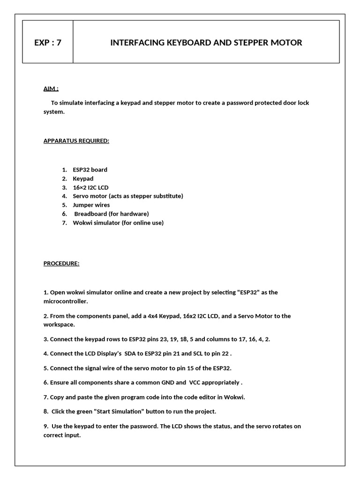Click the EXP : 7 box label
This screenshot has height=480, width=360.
click(48, 43)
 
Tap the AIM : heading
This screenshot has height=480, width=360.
click(51, 89)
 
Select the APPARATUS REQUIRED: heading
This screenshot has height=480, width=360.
click(76, 141)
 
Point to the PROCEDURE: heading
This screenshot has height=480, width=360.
click(61, 263)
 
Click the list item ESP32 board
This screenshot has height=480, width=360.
click(90, 170)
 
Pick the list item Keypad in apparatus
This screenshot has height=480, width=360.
click(83, 179)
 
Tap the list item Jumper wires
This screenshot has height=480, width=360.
click(91, 205)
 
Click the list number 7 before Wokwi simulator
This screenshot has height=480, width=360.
click(64, 223)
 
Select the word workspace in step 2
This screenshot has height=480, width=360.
click(59, 324)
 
